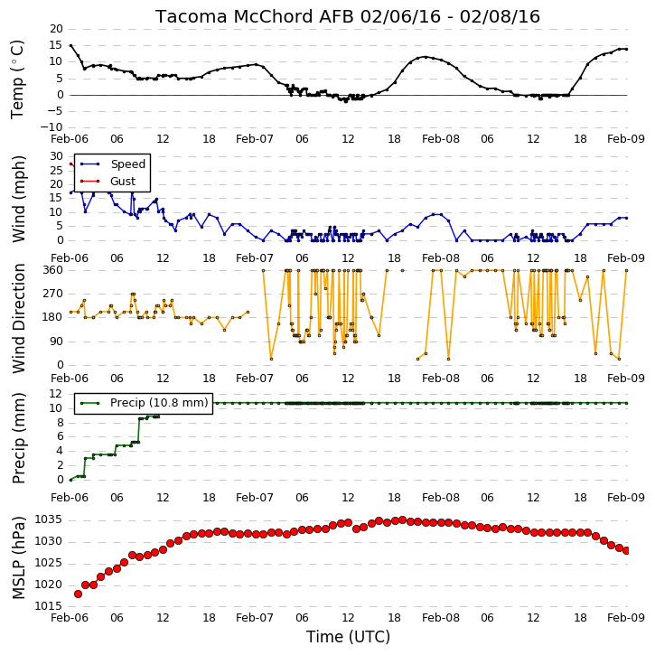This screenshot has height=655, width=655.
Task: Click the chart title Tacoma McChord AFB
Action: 256,16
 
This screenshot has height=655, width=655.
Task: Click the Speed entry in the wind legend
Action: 127,164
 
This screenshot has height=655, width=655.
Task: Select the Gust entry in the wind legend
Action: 123,182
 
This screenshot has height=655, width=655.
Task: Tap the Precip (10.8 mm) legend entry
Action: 159,403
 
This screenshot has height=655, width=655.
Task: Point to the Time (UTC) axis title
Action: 348,637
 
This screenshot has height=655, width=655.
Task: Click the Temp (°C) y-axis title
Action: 17,80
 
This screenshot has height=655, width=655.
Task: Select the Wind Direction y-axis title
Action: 19,318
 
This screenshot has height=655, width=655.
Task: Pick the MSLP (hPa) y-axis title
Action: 19,557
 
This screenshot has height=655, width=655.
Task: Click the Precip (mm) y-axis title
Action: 19,438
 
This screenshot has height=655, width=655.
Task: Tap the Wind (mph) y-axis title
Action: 19,199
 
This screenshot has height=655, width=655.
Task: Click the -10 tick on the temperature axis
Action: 51,127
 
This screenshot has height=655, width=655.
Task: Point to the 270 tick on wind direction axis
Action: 53,294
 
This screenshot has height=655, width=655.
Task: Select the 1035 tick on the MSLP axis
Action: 48,519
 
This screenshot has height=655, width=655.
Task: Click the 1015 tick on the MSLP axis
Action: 48,606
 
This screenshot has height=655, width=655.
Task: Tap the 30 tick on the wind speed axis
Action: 57,156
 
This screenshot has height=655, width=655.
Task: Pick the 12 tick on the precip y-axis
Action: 56,394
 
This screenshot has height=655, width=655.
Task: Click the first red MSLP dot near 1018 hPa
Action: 78,594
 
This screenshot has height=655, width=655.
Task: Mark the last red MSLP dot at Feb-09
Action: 626,550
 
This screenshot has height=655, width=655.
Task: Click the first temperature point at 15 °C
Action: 70,45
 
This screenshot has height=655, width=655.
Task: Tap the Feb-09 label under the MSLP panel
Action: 626,617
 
